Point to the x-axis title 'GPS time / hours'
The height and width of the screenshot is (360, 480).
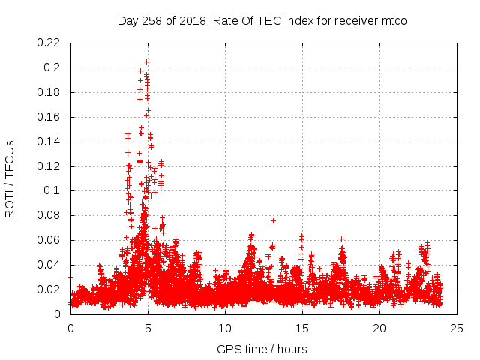point(262,349)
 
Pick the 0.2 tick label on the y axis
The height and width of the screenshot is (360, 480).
point(54,67)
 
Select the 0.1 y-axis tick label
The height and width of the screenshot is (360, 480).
point(54,190)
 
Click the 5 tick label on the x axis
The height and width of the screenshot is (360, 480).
point(148,328)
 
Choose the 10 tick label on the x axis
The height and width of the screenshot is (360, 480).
point(225,328)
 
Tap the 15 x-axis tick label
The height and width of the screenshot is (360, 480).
point(302,328)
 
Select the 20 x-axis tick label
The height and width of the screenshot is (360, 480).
point(379,328)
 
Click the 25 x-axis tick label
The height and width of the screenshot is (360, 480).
point(457,328)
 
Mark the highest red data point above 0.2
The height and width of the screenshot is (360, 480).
point(147,61)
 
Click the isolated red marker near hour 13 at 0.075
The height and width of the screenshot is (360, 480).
point(273,220)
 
